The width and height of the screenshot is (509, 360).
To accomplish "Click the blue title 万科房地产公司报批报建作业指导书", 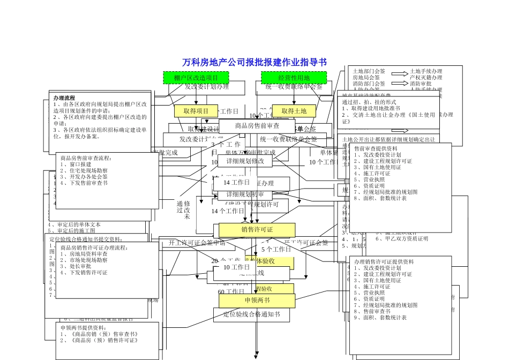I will pyautogui.click(x=254, y=62).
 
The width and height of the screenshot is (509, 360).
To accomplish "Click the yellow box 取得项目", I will pyautogui.click(x=196, y=111).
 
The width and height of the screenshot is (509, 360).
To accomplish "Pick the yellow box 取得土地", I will pyautogui.click(x=294, y=111).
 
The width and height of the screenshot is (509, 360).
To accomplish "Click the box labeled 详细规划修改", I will pyautogui.click(x=245, y=161).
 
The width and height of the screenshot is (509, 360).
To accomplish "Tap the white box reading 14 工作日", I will pyautogui.click(x=237, y=183).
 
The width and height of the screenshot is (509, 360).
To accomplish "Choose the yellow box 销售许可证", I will pyautogui.click(x=257, y=230).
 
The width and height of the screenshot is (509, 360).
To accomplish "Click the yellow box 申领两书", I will pyautogui.click(x=257, y=300).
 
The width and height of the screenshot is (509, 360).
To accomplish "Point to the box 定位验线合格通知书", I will pyautogui.click(x=251, y=314).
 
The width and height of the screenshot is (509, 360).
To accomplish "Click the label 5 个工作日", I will pyautogui.click(x=276, y=250).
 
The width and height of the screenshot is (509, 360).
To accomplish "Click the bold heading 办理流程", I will pyautogui.click(x=64, y=99).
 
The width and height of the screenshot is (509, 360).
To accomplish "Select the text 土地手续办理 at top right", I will pyautogui.click(x=426, y=71).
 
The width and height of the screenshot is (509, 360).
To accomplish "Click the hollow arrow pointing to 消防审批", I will pyautogui.click(x=399, y=84).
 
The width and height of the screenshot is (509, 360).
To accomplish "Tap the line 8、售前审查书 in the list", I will pyautogui.click(x=371, y=311).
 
